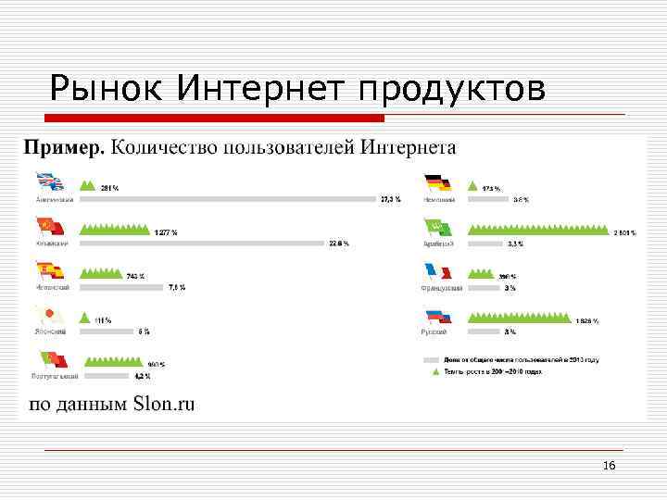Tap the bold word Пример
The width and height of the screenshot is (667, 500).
(x=65, y=147)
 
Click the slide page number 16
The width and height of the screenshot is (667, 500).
(x=609, y=466)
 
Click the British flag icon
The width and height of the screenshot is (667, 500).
(x=49, y=184)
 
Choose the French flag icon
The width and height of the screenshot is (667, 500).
(x=436, y=272)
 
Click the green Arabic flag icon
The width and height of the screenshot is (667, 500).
(x=436, y=229)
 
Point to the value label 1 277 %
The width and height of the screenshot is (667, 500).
(x=166, y=232)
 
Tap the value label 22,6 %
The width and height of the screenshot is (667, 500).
(x=339, y=244)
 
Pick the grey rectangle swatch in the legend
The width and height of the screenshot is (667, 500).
(x=431, y=359)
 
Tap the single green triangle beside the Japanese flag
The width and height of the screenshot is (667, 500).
(x=86, y=317)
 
